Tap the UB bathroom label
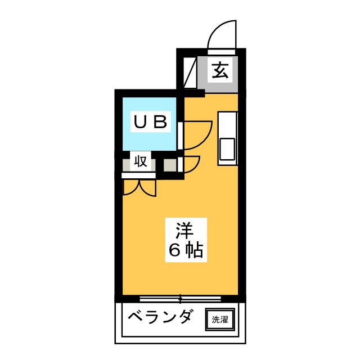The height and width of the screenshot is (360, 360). coord(149,121)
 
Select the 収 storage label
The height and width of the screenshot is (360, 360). coord(140,163)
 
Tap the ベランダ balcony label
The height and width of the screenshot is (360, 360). coord(157,318)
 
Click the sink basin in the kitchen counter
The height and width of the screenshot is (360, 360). coord(228,148)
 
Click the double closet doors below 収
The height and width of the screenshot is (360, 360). coord(139,187)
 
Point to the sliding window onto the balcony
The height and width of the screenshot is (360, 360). coord(180,299)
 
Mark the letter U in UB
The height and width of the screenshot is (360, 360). coord(138,121)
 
